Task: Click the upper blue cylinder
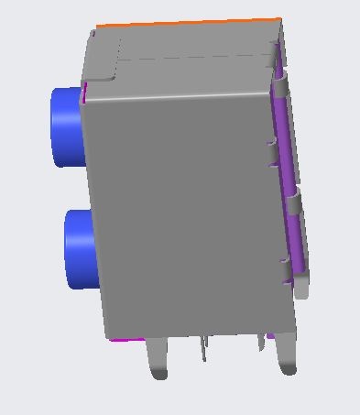65,126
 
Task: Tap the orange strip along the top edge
188,23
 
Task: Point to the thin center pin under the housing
204,348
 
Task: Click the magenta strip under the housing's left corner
127,340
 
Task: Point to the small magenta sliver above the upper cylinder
85,91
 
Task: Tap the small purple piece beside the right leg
270,337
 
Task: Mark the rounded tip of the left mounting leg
159,374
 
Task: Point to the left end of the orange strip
99,27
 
